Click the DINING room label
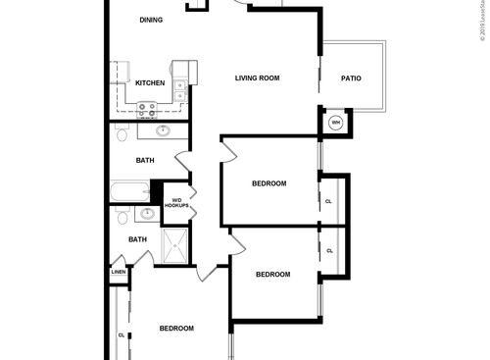[x=150, y=20]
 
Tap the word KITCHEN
[x=149, y=82]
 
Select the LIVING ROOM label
[x=258, y=78]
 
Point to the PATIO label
[x=351, y=78]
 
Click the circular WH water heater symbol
[x=335, y=123]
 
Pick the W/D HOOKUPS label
[x=176, y=203]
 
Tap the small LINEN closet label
[x=118, y=272]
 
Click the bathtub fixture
[x=129, y=191]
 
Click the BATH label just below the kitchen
[x=145, y=160]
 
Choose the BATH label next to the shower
[x=138, y=239]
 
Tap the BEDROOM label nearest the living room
[x=269, y=184]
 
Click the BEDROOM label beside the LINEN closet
[x=176, y=328]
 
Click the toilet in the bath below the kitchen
[x=121, y=131]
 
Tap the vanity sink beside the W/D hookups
[x=147, y=213]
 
